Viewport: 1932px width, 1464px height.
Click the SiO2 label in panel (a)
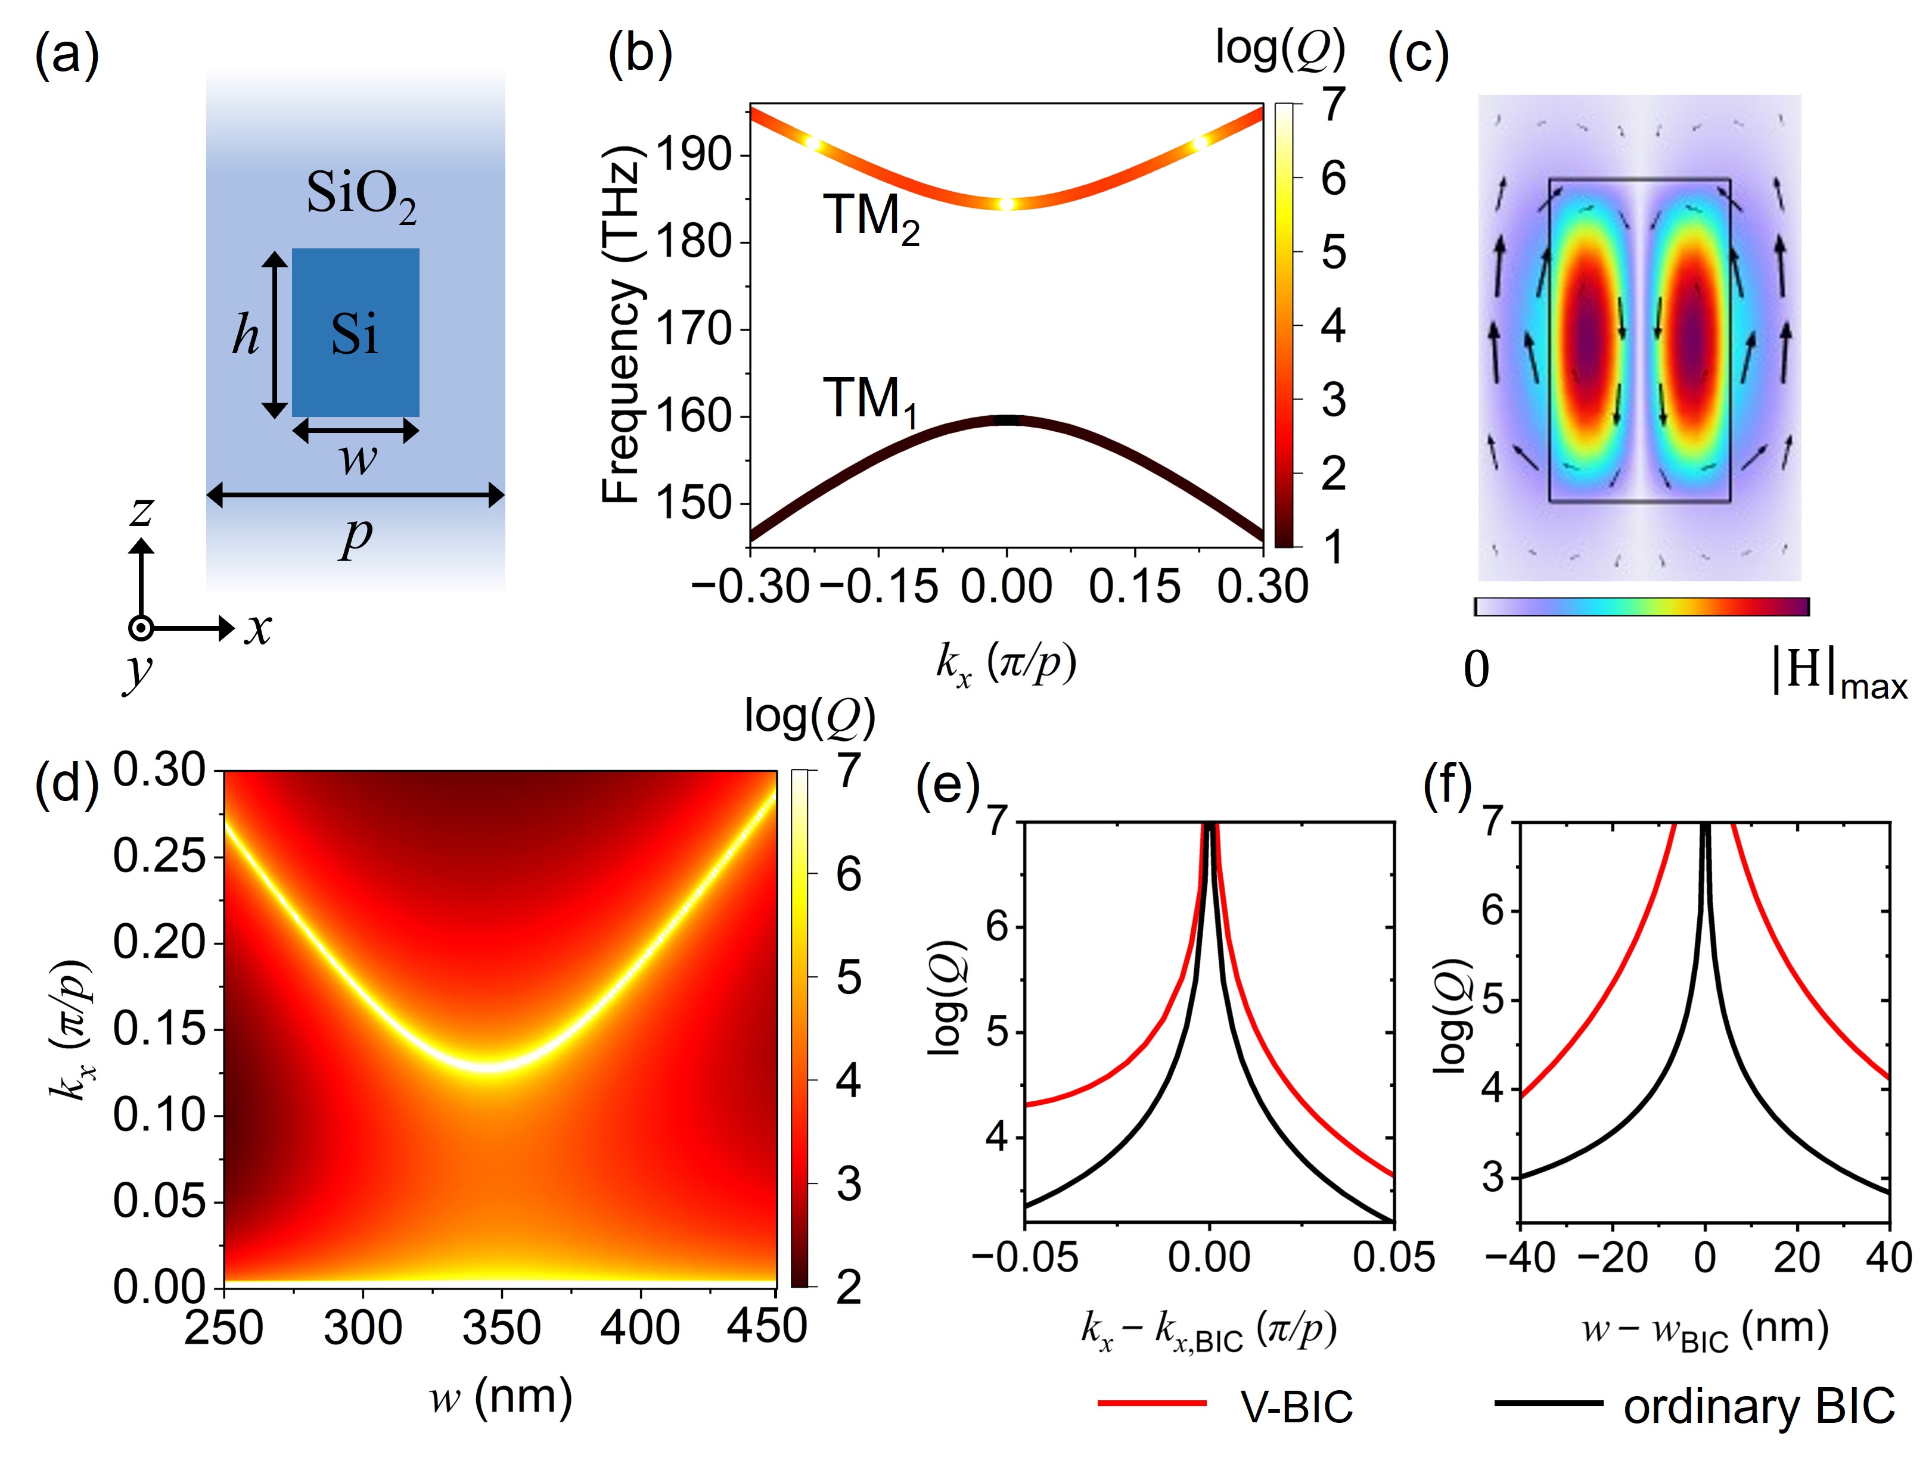[x=361, y=197]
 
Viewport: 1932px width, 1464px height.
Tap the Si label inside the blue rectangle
[x=355, y=334]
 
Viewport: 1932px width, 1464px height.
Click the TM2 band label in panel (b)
[x=871, y=217]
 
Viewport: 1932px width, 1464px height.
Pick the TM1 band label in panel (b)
[x=869, y=401]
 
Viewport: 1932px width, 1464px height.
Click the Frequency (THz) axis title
[x=622, y=325]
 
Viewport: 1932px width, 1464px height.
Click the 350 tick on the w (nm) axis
[x=501, y=1328]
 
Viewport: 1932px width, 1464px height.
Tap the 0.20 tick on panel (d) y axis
[x=159, y=942]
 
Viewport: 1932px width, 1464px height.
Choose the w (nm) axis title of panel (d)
[x=501, y=1396]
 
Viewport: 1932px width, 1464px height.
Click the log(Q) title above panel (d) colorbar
[x=810, y=718]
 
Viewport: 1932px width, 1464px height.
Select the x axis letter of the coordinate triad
[x=257, y=628]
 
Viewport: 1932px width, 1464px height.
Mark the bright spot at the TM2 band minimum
[x=1007, y=204]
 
